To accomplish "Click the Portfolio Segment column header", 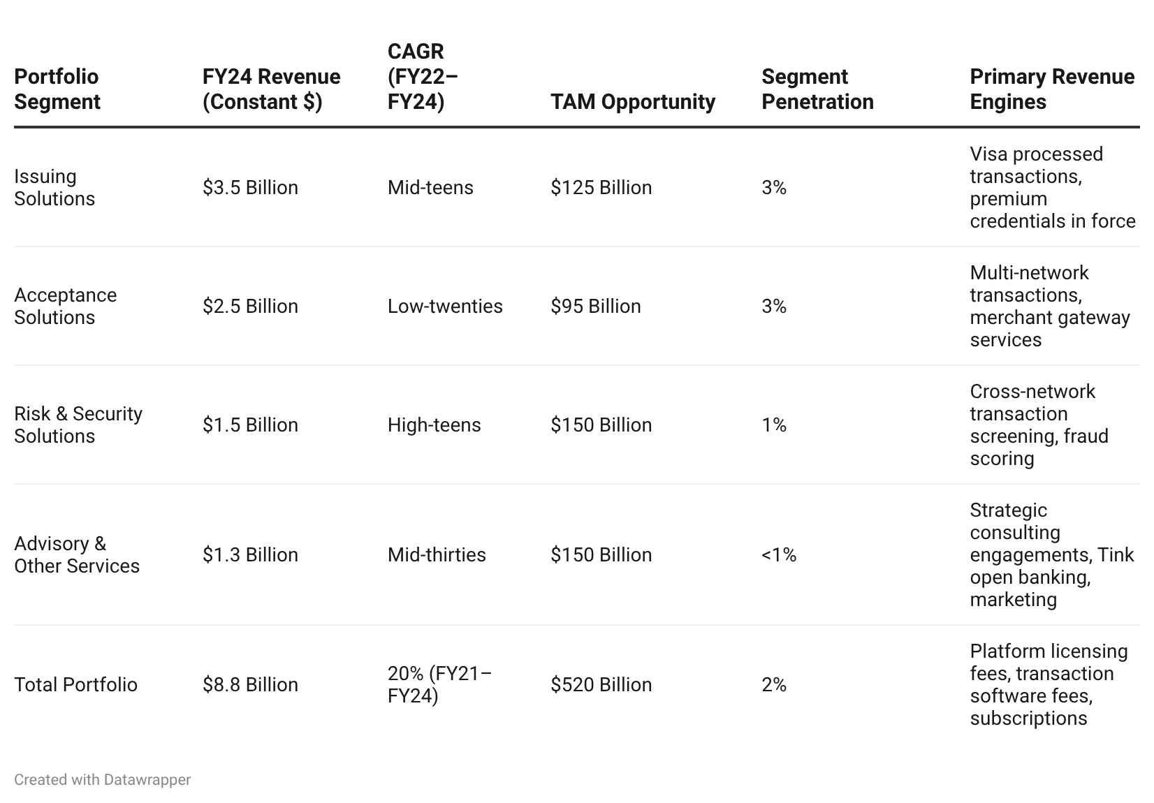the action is pyautogui.click(x=57, y=89).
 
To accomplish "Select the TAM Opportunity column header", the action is pyautogui.click(x=633, y=101).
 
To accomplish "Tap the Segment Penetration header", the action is pyautogui.click(x=817, y=89).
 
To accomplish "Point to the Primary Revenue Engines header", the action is pyautogui.click(x=1052, y=89).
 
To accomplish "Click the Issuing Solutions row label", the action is pyautogui.click(x=54, y=188).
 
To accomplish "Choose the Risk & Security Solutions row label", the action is pyautogui.click(x=78, y=425).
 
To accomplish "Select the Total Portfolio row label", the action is pyautogui.click(x=75, y=684).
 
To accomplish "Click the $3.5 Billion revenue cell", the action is pyautogui.click(x=250, y=188).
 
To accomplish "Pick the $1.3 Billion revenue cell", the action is pyautogui.click(x=250, y=554).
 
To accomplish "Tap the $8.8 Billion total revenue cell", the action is pyautogui.click(x=250, y=684).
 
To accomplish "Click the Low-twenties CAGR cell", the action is pyautogui.click(x=445, y=306).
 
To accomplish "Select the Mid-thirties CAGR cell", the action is pyautogui.click(x=437, y=554).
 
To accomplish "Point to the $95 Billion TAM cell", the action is pyautogui.click(x=596, y=306).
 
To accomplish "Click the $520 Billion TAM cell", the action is pyautogui.click(x=601, y=684).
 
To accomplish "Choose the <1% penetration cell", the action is pyautogui.click(x=779, y=554).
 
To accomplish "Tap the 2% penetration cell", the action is pyautogui.click(x=774, y=684).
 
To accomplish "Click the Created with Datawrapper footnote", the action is pyautogui.click(x=103, y=780).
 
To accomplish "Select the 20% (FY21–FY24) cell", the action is pyautogui.click(x=439, y=684).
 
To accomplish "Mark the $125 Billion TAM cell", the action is pyautogui.click(x=601, y=188).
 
